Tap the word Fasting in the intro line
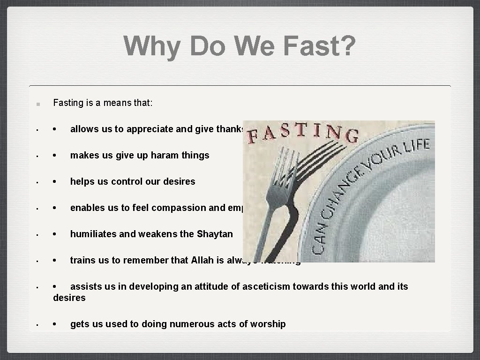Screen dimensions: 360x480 [x=68, y=103]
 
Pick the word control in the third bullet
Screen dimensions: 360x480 [x=125, y=181]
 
